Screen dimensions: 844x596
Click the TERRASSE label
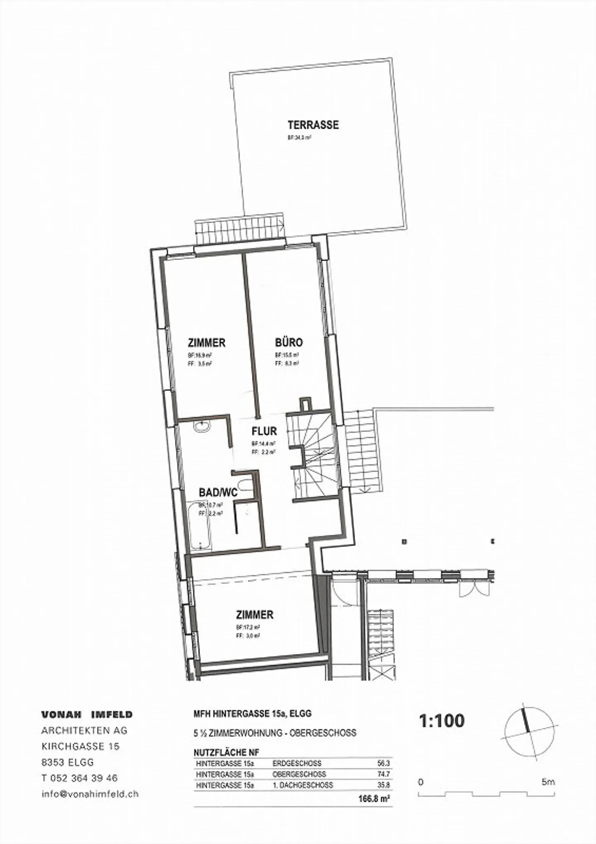pyautogui.click(x=313, y=125)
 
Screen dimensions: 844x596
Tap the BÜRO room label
pyautogui.click(x=289, y=342)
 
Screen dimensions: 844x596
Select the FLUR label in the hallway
pyautogui.click(x=264, y=431)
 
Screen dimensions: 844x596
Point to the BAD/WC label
pyautogui.click(x=218, y=492)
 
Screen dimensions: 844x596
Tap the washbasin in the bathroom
pyautogui.click(x=202, y=427)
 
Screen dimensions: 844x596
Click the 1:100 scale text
pyautogui.click(x=442, y=721)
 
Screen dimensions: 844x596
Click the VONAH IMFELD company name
pyautogui.click(x=87, y=714)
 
